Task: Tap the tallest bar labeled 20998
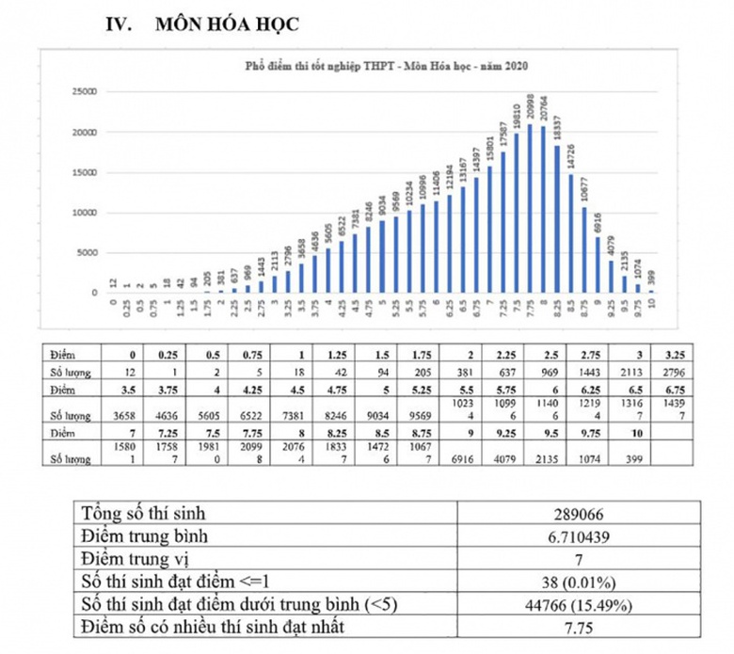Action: [x=530, y=208]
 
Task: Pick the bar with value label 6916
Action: [x=597, y=264]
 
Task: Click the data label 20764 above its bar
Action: [x=543, y=109]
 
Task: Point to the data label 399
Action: [x=650, y=278]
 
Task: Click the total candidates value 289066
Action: [x=578, y=515]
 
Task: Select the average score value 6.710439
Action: [x=578, y=536]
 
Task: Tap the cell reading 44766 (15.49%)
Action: [x=578, y=603]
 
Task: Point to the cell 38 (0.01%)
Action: [x=578, y=581]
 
